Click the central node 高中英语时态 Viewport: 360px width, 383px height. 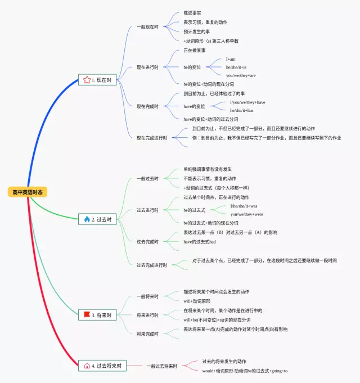click(x=27, y=192)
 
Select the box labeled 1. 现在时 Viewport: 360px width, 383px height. click(x=97, y=80)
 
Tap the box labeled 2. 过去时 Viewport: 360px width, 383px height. click(x=97, y=219)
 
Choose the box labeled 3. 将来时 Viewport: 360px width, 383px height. click(x=97, y=315)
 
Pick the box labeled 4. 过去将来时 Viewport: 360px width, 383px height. click(x=102, y=366)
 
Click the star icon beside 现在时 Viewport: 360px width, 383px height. click(x=87, y=80)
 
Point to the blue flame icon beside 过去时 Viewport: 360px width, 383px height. click(x=87, y=219)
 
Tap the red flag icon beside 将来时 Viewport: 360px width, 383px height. click(x=87, y=315)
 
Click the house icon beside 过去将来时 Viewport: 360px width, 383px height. click(x=87, y=366)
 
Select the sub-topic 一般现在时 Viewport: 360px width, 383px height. click(x=148, y=26)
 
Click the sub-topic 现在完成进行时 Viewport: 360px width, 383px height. click(x=152, y=138)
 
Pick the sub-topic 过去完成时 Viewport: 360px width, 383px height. click(x=148, y=241)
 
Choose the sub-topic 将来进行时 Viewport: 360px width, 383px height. click(x=148, y=315)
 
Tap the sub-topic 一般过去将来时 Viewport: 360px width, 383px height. click(x=162, y=366)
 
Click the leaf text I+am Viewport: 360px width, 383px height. click(x=231, y=59)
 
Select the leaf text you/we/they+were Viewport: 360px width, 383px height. click(x=246, y=214)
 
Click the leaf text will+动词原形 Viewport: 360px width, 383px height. click(x=197, y=301)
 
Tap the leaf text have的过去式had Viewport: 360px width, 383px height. click(x=200, y=241)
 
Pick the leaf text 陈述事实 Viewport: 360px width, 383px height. click(x=192, y=13)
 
